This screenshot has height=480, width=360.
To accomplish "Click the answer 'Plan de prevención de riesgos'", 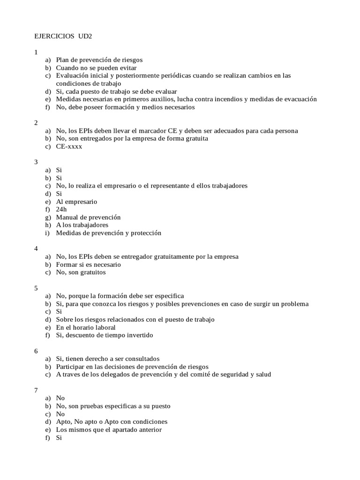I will click(99, 60).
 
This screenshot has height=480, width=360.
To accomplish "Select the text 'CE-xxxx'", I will click(69, 146).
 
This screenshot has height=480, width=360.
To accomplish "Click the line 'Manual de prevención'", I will click(88, 217).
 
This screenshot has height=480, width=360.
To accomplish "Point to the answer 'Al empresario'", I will click(76, 202).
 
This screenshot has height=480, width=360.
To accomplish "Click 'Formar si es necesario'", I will click(88, 264).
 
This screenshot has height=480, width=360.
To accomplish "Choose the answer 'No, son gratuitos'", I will click(81, 272).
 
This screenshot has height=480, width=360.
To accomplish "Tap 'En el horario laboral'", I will click(85, 328).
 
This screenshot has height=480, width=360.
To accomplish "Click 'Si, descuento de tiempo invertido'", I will click(104, 335).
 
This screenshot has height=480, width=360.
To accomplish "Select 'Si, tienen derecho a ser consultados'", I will click(108, 359).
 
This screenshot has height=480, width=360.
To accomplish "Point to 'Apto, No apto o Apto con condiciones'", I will click(112, 422).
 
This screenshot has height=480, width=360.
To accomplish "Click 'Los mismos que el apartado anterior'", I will click(109, 430).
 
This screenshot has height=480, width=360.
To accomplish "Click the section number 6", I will click(36, 351).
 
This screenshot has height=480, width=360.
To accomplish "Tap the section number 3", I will click(36, 162).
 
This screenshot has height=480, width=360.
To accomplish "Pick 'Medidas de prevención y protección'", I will click(108, 233).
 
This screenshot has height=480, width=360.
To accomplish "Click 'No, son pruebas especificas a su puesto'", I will click(113, 406).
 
